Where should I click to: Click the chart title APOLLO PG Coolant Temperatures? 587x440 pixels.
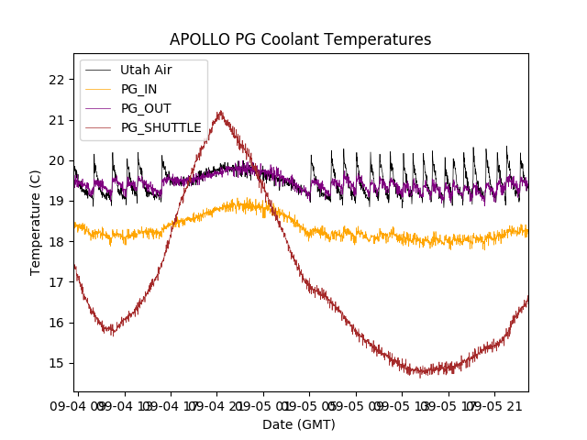point(300,39)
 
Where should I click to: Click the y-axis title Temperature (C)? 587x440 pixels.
point(36,222)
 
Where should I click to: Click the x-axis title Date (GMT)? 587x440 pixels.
point(299,424)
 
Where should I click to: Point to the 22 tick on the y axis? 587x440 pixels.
point(57,80)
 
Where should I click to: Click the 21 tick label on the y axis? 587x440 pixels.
point(57,120)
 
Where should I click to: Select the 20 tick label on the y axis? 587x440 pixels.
point(57,160)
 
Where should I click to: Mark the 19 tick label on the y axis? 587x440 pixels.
point(57,201)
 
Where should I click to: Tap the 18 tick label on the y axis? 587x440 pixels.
point(57,242)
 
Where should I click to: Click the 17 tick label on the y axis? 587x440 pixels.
point(57,282)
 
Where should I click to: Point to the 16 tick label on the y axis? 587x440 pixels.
point(57,323)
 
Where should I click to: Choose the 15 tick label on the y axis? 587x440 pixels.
point(57,363)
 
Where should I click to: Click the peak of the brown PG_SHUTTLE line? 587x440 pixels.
point(220,112)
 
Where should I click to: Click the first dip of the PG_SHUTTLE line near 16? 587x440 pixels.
point(110,330)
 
